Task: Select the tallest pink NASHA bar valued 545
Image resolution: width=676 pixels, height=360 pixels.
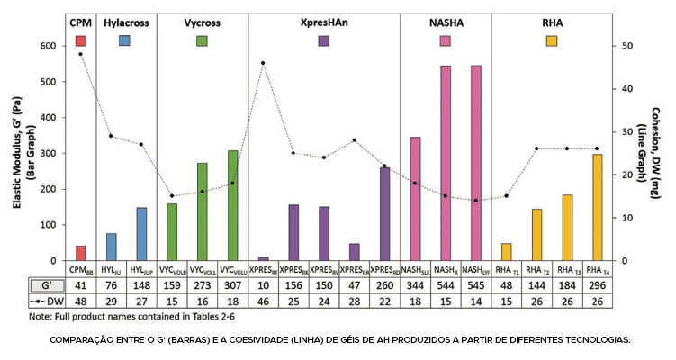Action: [476, 163]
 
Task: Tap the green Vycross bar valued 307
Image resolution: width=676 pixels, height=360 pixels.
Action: [232, 206]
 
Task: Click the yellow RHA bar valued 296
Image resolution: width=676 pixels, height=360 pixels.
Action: [595, 208]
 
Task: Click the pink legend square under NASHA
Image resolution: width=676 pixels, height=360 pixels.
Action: [445, 40]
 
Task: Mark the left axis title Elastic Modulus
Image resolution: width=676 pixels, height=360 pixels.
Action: [18, 153]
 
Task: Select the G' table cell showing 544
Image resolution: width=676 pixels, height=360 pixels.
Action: [445, 284]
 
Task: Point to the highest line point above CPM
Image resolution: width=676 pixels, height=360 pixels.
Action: [81, 54]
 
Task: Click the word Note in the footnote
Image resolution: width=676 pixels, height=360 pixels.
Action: [40, 317]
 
